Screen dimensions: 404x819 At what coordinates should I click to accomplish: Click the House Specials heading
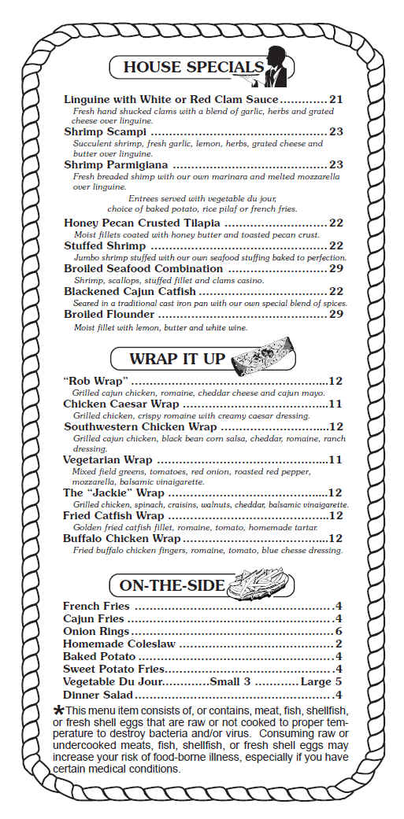(x=192, y=67)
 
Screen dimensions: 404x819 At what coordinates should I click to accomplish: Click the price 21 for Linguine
(x=336, y=100)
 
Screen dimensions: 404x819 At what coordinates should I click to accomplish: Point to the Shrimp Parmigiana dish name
(x=116, y=164)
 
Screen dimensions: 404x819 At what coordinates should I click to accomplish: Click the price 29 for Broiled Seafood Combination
(x=336, y=268)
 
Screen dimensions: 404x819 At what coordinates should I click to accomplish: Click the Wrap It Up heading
(x=176, y=360)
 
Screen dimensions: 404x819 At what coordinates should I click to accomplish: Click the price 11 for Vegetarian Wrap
(x=335, y=459)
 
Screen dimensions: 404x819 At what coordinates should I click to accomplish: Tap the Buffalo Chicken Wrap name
(x=122, y=539)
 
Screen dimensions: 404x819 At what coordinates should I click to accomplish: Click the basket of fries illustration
(x=259, y=586)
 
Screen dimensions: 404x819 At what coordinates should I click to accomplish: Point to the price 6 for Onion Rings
(x=338, y=631)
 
